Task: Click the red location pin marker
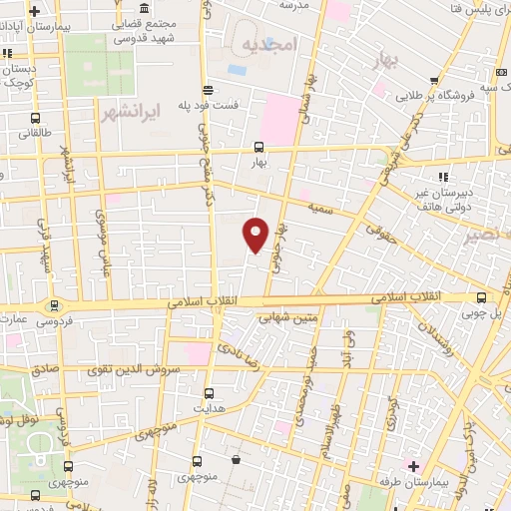(x=256, y=234)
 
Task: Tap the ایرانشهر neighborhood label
(x=131, y=111)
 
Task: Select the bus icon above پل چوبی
(x=483, y=297)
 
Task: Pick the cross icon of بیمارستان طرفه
(x=413, y=466)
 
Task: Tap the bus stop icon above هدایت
(x=209, y=393)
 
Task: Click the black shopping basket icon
(x=236, y=459)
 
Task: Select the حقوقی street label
(x=379, y=234)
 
